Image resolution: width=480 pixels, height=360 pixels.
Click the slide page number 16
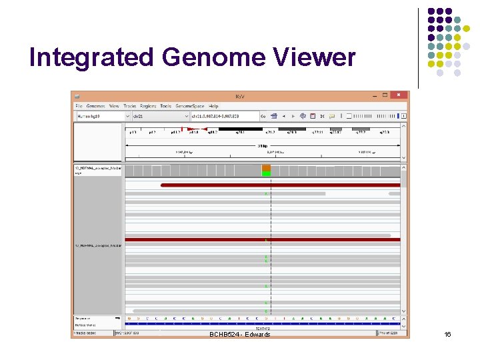pyautogui.click(x=447, y=334)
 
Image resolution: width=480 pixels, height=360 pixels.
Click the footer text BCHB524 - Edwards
pyautogui.click(x=239, y=334)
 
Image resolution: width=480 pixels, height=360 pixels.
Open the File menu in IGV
pyautogui.click(x=79, y=106)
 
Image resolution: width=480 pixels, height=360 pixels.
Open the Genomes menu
pyautogui.click(x=95, y=106)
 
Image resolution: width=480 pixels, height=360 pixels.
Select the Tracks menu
pyautogui.click(x=129, y=106)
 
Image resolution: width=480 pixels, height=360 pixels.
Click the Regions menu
pyautogui.click(x=148, y=106)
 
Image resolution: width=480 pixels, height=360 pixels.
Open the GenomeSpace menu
pyautogui.click(x=190, y=106)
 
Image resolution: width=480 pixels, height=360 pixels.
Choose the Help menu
pyautogui.click(x=213, y=106)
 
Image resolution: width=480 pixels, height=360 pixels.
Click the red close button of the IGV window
pyautogui.click(x=399, y=95)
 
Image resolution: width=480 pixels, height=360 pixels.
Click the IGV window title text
pyautogui.click(x=240, y=96)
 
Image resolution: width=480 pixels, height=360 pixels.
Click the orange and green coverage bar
pyautogui.click(x=266, y=170)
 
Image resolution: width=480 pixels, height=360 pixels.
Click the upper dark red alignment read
pyautogui.click(x=280, y=185)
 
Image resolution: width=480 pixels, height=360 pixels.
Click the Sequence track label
pyautogui.click(x=83, y=318)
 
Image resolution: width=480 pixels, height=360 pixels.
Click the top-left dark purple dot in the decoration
pyautogui.click(x=431, y=11)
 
